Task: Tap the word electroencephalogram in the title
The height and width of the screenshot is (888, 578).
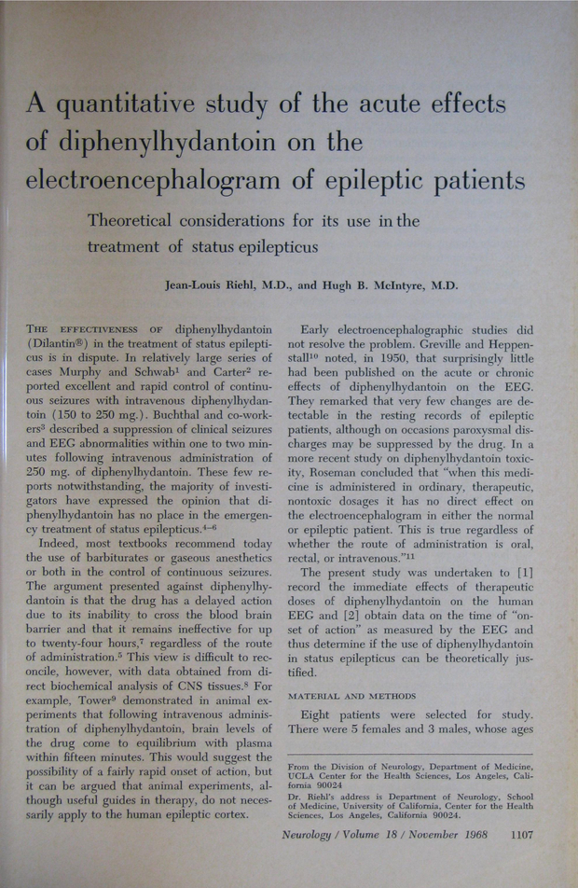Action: [171, 179]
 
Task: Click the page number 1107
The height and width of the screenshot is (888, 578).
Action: [516, 835]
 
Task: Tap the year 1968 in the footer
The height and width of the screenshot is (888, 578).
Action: [470, 835]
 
